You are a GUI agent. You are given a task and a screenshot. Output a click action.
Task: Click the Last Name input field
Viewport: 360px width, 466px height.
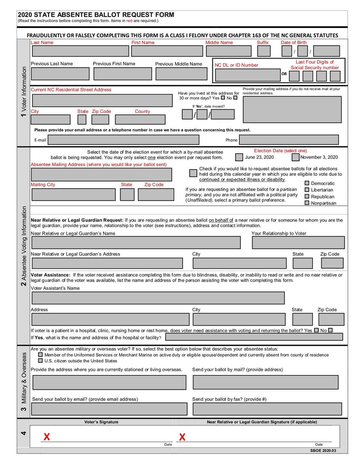(79, 51)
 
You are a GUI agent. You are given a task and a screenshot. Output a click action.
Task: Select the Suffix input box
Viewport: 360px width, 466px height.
(263, 51)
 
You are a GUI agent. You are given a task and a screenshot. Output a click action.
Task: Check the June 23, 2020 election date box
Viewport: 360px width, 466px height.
(239, 158)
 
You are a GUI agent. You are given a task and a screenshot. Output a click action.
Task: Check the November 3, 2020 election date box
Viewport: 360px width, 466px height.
(295, 158)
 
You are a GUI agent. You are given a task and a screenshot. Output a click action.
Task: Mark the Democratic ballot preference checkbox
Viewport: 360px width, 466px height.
(307, 183)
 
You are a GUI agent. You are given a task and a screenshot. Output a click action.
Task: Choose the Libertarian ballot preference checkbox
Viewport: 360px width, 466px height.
(307, 190)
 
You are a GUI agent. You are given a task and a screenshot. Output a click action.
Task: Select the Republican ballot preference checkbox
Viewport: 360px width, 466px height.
(307, 196)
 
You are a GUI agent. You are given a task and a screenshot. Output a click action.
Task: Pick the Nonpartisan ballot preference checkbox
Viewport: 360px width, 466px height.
(307, 203)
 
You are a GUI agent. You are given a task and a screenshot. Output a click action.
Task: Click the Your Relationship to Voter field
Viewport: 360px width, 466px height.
(298, 243)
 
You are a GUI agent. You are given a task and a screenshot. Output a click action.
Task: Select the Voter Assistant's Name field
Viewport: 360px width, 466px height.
(157, 298)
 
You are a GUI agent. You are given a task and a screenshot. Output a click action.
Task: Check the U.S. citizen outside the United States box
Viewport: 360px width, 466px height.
(40, 361)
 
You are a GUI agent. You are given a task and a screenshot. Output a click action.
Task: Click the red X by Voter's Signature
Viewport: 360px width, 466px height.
(46, 437)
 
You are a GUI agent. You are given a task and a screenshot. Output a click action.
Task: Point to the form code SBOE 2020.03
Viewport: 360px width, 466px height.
(323, 450)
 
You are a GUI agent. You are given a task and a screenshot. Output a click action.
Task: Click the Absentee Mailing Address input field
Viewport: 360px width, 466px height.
(108, 174)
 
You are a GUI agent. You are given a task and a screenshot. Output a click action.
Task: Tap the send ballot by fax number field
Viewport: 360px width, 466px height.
(266, 409)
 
